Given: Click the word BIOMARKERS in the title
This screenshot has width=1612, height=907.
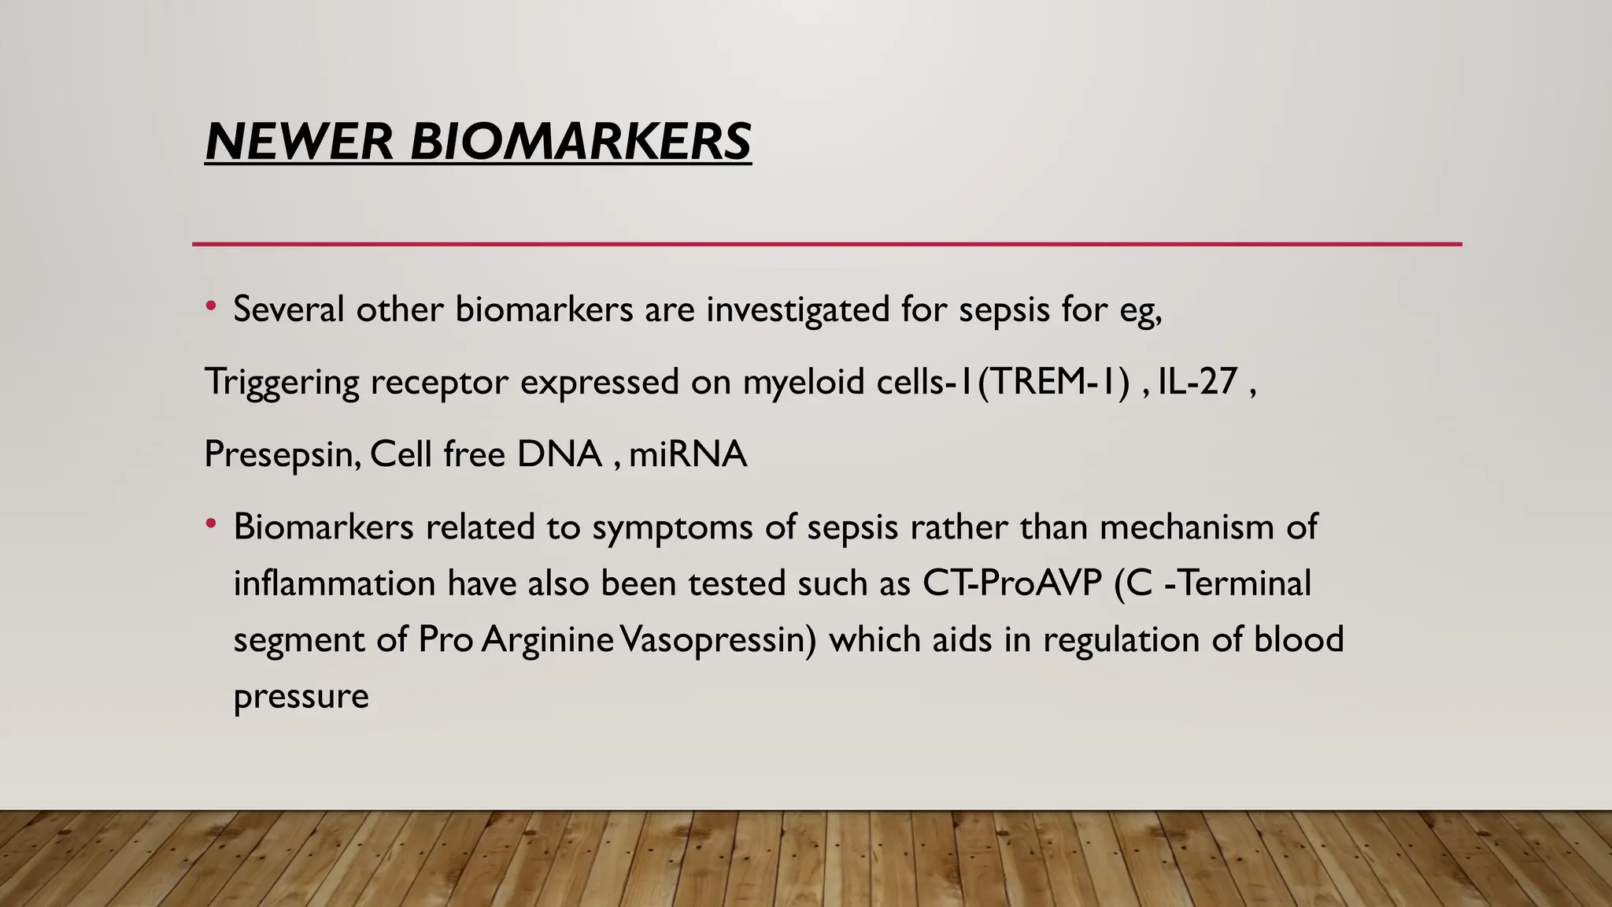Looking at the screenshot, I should pos(581,142).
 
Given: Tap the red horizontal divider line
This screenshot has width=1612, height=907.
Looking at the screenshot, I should pos(826,244).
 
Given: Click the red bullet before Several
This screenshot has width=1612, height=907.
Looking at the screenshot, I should pos(210,307).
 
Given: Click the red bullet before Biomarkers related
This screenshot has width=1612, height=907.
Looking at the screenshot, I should pos(210,524).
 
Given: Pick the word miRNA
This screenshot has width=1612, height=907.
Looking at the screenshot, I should pos(687,454).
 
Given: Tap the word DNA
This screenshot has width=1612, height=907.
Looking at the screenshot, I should pos(559,454).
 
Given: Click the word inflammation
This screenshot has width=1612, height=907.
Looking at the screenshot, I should pos(335,583).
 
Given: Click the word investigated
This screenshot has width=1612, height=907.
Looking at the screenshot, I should pos(798,309).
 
